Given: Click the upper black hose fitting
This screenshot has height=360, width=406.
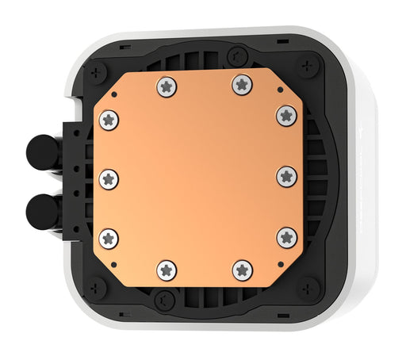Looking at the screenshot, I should click(39, 150).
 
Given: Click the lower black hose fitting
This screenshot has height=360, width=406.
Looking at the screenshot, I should click(39, 210).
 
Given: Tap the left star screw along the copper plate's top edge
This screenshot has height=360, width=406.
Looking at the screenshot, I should click(166, 86).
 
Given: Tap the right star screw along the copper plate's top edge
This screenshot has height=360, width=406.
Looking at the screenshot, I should click(242, 85).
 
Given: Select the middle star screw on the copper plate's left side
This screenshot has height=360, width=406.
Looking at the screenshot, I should click(109, 178).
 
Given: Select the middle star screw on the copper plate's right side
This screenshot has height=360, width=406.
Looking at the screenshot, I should click(285, 175).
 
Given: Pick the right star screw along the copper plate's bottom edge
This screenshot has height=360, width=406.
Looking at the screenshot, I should click(243, 270).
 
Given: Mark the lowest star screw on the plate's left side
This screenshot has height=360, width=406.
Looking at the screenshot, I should click(109, 237).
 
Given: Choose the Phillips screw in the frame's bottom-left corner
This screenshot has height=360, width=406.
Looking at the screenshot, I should click(98, 286).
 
